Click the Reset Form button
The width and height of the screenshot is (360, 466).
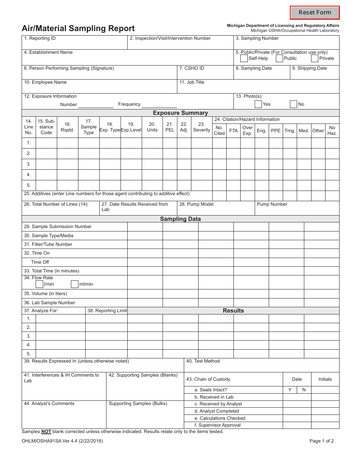(x=315, y=13)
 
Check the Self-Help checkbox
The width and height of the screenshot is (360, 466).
(x=244, y=58)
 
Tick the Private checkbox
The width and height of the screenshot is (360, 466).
(x=315, y=58)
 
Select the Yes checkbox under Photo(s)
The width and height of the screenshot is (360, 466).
(x=258, y=104)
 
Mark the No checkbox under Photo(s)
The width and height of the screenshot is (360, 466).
(x=293, y=104)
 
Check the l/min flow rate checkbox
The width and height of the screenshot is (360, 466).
(x=39, y=284)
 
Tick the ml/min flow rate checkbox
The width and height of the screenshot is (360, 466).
(x=75, y=284)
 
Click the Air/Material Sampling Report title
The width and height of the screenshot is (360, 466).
(x=78, y=28)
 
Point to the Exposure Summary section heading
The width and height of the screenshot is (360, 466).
(x=180, y=113)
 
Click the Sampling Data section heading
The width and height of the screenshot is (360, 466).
(x=180, y=219)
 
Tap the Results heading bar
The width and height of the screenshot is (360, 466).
(x=233, y=311)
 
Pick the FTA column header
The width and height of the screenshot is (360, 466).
(x=233, y=131)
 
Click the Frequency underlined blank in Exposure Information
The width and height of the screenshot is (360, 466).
(x=159, y=105)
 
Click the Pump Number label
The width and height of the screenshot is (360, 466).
(x=272, y=204)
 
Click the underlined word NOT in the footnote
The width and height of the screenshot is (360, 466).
(x=46, y=432)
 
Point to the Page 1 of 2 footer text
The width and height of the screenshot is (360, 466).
(x=321, y=441)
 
